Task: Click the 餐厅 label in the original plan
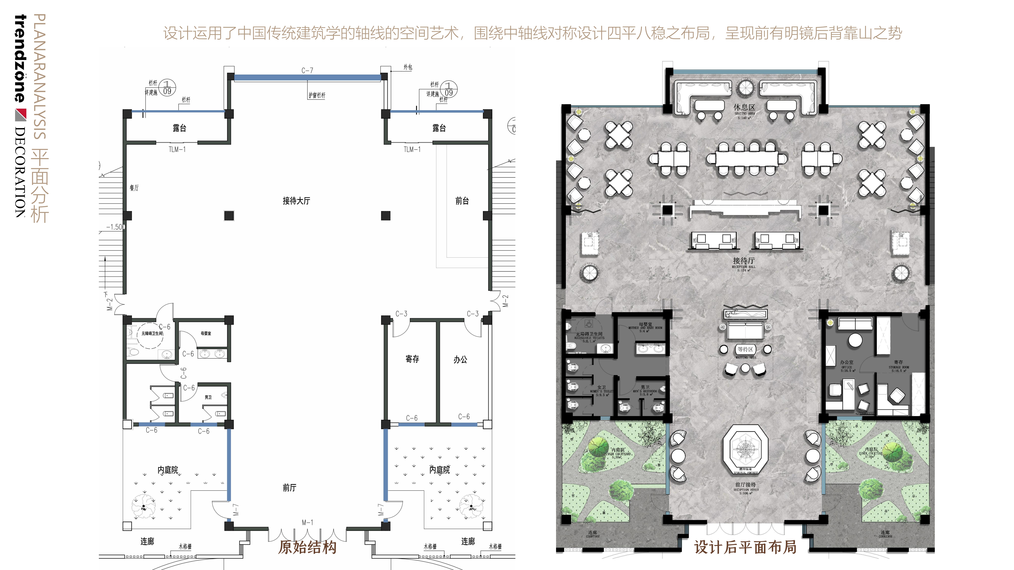134,188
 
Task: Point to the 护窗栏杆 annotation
317,95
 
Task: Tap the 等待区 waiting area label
745,349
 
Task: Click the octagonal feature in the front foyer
745,448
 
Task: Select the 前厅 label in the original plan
289,488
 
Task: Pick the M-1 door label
307,522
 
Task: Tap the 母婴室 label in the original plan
206,334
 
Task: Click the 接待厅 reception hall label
744,261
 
